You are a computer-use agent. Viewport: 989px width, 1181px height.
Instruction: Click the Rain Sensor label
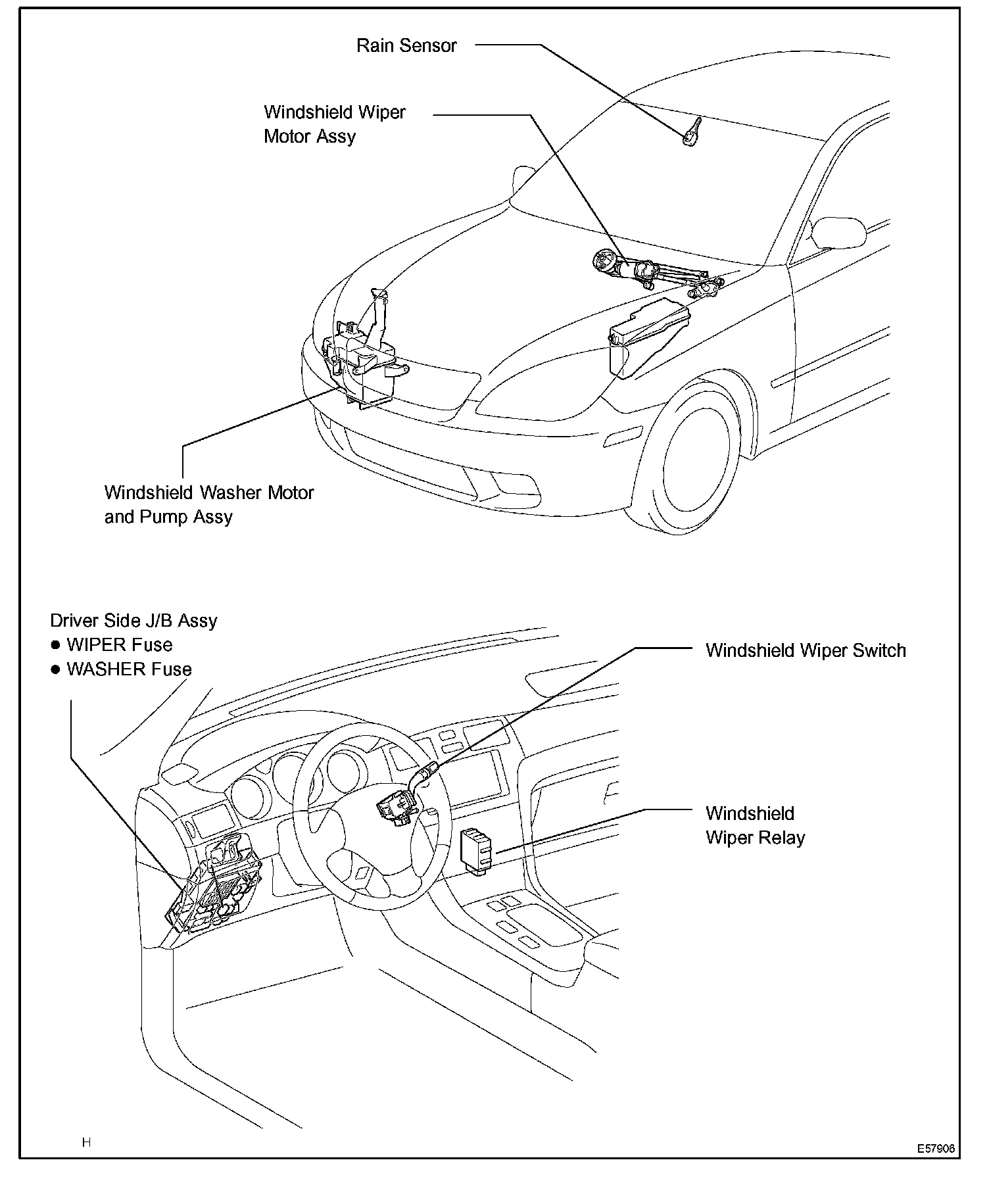[x=406, y=45]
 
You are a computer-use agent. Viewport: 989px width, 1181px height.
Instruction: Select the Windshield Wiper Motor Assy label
[x=334, y=124]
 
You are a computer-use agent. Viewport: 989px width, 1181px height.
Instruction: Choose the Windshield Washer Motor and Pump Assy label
[x=209, y=504]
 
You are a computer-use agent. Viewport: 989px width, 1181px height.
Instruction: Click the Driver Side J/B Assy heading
[x=133, y=621]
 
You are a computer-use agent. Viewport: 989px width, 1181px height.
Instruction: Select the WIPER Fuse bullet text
[x=119, y=645]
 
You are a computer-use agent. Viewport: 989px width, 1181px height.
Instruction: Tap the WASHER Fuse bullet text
[x=129, y=669]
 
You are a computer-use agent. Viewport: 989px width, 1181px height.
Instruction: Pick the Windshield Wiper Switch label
[x=806, y=650]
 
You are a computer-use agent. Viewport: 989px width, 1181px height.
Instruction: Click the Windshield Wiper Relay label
[x=755, y=825]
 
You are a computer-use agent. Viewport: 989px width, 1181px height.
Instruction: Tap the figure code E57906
[x=936, y=1149]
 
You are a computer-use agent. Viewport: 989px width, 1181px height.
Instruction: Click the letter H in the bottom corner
[x=86, y=1142]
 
